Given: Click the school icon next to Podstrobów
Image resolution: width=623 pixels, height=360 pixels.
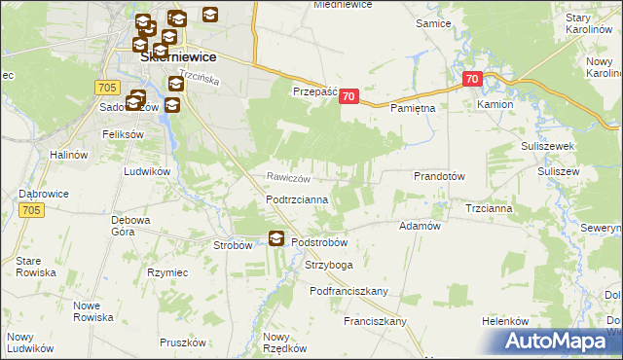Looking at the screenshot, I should pos(276,238).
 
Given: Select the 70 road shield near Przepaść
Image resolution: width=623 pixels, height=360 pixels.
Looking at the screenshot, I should pos(350,96).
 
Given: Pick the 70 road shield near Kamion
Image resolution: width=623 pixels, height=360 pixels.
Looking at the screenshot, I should pos(472,79).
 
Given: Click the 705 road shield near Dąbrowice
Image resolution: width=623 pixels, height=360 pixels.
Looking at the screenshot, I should pos(30,209).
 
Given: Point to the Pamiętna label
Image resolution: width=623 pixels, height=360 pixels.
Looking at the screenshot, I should pos(413,109).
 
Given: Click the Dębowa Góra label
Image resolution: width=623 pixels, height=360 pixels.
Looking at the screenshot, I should pos(129,226).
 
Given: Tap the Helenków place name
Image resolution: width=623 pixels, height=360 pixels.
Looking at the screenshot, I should pos(505,321).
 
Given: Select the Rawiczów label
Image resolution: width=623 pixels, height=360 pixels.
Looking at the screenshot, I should pos(289,178).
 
